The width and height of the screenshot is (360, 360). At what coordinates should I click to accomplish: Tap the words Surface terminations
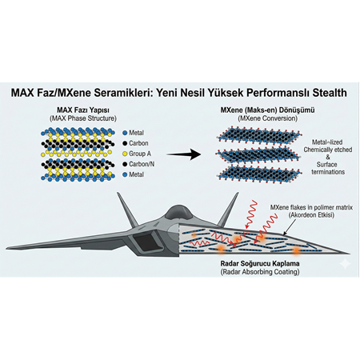[x=319, y=171]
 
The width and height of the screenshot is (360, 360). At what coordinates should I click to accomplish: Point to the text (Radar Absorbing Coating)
[x=250, y=272]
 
